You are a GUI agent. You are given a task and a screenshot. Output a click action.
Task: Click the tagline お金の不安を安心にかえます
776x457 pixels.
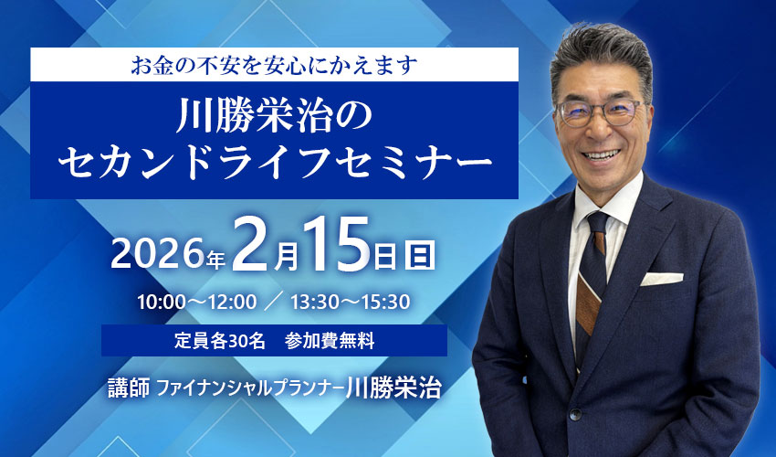pyautogui.click(x=275, y=65)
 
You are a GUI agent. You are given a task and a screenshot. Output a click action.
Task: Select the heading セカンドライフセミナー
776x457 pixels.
pyautogui.click(x=274, y=163)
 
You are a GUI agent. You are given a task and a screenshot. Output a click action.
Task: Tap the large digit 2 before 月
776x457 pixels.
pyautogui.click(x=251, y=245)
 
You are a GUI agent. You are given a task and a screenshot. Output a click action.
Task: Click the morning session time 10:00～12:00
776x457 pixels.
pyautogui.click(x=196, y=302)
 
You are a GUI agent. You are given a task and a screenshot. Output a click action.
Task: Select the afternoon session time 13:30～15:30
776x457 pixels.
pyautogui.click(x=350, y=302)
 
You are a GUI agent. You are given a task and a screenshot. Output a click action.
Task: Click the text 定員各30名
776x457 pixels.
pyautogui.click(x=220, y=341)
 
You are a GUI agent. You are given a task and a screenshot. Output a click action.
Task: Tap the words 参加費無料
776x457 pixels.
pyautogui.click(x=329, y=341)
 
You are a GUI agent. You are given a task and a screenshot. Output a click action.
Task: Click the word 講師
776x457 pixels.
pyautogui.click(x=129, y=388)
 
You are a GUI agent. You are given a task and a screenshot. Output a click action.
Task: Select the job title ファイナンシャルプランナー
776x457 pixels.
pyautogui.click(x=250, y=388)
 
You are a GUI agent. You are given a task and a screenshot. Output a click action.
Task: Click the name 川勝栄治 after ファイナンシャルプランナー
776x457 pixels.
pyautogui.click(x=393, y=388)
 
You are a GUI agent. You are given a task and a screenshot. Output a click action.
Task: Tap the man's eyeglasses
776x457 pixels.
pyautogui.click(x=600, y=112)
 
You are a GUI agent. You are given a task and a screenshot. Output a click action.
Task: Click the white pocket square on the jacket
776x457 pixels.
pyautogui.click(x=661, y=279)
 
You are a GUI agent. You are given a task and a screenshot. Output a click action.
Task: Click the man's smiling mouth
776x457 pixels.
pyautogui.click(x=601, y=154)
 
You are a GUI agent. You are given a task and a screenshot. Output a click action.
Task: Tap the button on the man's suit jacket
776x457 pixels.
pyautogui.click(x=574, y=414)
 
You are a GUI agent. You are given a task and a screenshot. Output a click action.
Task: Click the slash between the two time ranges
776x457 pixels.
pyautogui.click(x=274, y=302)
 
